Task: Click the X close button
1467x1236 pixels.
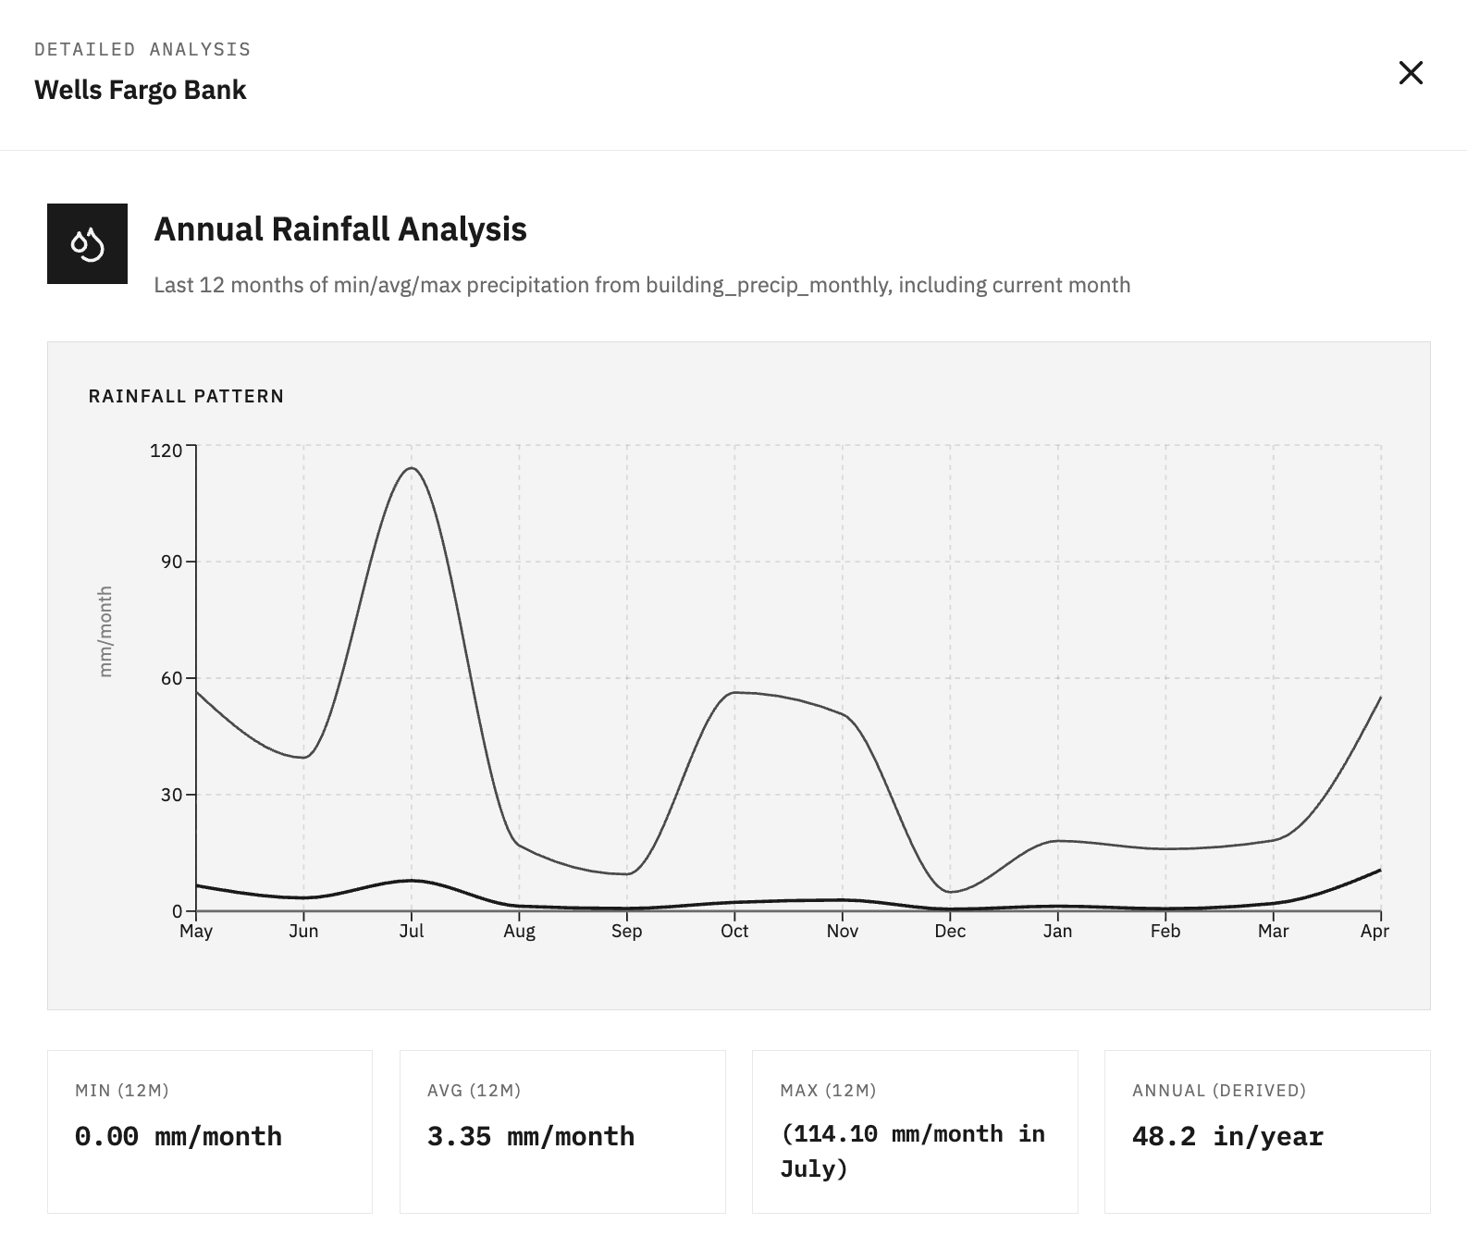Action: pyautogui.click(x=1411, y=73)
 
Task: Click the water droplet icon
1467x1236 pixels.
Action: pyautogui.click(x=87, y=243)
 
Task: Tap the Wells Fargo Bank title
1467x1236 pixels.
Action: pyautogui.click(x=141, y=90)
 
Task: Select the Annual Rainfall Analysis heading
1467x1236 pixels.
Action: pyautogui.click(x=340, y=229)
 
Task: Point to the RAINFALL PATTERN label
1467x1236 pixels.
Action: pyautogui.click(x=186, y=396)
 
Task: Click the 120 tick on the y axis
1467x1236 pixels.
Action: pyautogui.click(x=166, y=451)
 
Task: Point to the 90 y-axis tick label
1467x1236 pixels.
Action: pyautogui.click(x=171, y=562)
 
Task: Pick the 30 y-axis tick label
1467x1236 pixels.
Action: pyautogui.click(x=171, y=795)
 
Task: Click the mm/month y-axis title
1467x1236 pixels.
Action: pyautogui.click(x=105, y=631)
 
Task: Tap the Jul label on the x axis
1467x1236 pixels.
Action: pyautogui.click(x=412, y=931)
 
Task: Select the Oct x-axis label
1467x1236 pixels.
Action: pyautogui.click(x=734, y=931)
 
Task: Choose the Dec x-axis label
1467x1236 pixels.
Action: pyautogui.click(x=950, y=931)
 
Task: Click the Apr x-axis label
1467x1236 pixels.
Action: pyautogui.click(x=1375, y=931)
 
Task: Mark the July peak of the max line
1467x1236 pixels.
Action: pyautogui.click(x=412, y=468)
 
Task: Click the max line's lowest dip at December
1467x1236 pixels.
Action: pyautogui.click(x=950, y=892)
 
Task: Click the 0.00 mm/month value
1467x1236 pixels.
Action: pyautogui.click(x=179, y=1136)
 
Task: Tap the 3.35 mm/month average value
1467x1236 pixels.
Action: pyautogui.click(x=531, y=1136)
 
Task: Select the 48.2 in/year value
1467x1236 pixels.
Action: pyautogui.click(x=1227, y=1136)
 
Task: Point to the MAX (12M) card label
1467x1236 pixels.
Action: pyautogui.click(x=828, y=1091)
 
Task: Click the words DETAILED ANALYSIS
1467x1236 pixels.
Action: pyautogui.click(x=142, y=50)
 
